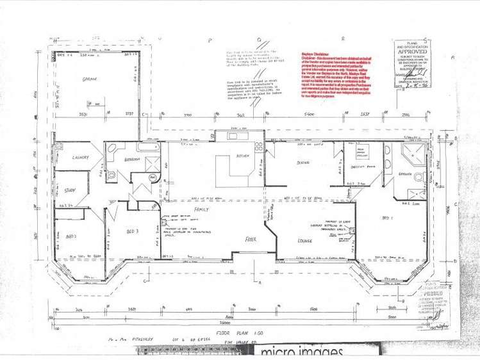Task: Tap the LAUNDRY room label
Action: [75, 158]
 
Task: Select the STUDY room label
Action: [70, 190]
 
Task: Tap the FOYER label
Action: [251, 239]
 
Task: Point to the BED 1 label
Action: [388, 218]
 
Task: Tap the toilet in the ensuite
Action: [420, 177]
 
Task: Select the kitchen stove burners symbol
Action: [259, 147]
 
